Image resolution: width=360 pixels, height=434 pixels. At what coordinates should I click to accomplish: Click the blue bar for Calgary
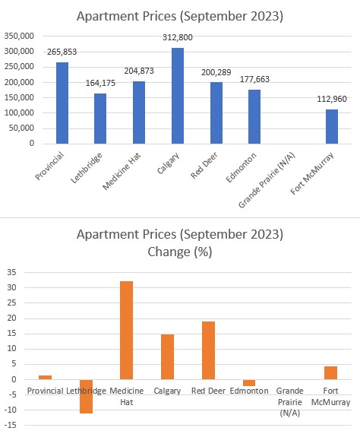tap(178, 96)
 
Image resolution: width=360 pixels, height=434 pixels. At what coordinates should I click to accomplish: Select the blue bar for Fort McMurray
tap(332, 126)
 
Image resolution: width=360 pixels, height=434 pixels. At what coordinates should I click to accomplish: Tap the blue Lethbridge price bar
tap(100, 119)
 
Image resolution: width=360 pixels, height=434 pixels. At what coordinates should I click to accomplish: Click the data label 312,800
tap(178, 37)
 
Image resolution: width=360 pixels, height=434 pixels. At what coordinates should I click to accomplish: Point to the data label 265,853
tap(62, 52)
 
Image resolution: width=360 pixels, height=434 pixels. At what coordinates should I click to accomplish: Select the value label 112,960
tap(332, 99)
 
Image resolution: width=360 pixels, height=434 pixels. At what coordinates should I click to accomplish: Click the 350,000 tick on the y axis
tap(19, 36)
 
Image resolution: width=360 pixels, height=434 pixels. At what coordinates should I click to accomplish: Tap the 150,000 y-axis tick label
tap(19, 97)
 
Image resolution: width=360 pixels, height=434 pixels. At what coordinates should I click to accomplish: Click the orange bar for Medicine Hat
tap(126, 330)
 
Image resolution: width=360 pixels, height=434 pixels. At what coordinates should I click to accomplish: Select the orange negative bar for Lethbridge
tap(86, 396)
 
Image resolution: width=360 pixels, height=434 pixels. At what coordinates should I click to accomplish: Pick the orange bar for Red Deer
tap(208, 350)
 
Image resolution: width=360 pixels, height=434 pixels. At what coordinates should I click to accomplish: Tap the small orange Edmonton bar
tap(249, 382)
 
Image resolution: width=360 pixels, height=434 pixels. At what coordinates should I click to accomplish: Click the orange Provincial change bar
tap(45, 377)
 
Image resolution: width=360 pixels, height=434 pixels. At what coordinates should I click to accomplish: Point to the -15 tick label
tap(11, 425)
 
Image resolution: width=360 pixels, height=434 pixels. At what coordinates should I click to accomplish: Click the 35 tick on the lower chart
tap(11, 272)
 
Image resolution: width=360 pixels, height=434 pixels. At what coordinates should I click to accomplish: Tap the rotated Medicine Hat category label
tap(122, 171)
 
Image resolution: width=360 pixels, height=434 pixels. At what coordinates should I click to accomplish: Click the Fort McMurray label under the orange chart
tap(330, 396)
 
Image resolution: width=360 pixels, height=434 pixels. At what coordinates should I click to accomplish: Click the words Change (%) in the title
tap(180, 252)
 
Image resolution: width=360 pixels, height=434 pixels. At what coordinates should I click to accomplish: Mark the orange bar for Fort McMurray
tap(330, 373)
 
